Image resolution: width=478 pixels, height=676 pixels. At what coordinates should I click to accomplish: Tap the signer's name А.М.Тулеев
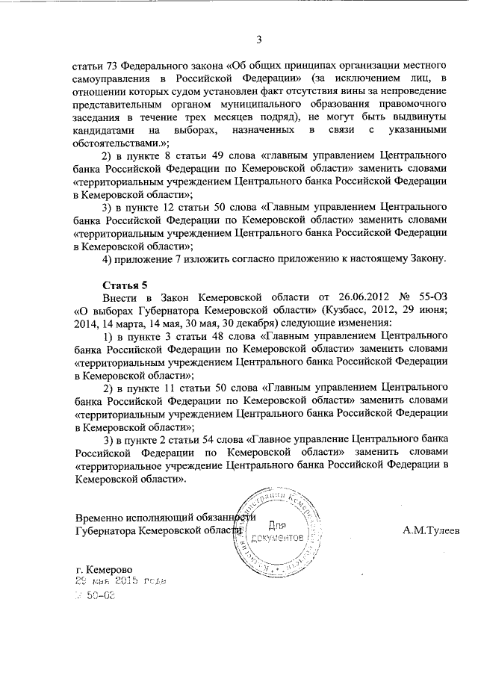point(431,531)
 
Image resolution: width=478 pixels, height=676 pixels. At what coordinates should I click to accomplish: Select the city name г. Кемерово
point(111,569)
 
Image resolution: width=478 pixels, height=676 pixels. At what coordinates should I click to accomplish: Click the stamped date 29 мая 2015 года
point(119,581)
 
